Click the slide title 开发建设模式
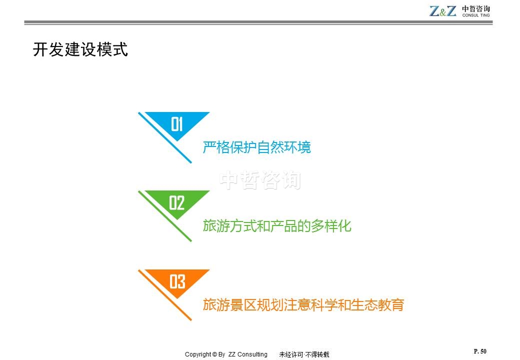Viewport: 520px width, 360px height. pos(80,49)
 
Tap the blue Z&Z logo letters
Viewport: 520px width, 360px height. pos(442,11)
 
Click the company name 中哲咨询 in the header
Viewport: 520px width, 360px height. pos(476,8)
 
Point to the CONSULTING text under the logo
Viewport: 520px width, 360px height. pos(476,15)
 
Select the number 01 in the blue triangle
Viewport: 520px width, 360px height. pos(177,124)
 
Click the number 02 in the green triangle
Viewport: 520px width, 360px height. pos(176,203)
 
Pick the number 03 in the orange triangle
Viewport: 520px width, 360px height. pos(177,281)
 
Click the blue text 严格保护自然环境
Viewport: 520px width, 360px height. pos(256,147)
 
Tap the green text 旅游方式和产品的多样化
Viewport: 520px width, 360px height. pos(277,226)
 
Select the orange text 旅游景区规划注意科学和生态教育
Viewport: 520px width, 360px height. pos(303,305)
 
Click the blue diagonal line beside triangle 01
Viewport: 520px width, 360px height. pos(165,137)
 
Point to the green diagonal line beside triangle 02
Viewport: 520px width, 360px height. pos(165,216)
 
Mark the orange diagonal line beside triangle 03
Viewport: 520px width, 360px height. pos(165,295)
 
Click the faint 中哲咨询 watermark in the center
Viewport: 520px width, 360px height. pos(260,180)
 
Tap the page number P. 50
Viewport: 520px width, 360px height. pos(480,351)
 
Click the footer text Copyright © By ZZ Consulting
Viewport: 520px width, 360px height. pos(226,354)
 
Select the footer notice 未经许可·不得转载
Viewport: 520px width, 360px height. pos(304,354)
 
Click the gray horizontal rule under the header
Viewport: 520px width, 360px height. pos(258,22)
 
